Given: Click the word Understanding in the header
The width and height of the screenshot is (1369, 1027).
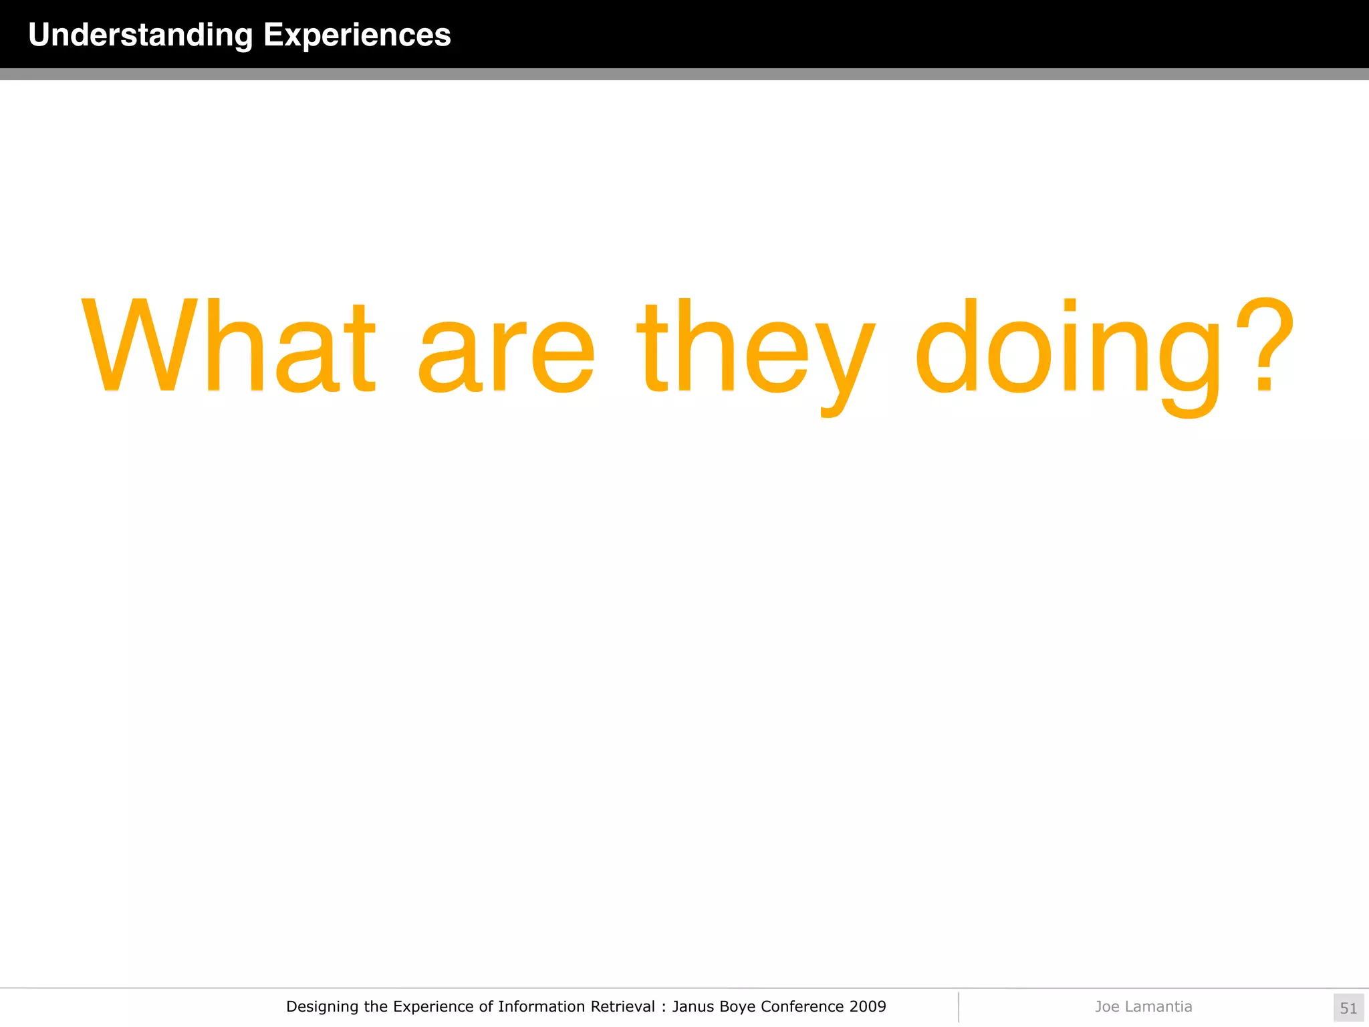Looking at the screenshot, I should coord(140,35).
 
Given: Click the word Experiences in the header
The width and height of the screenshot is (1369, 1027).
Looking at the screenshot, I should coord(357,35).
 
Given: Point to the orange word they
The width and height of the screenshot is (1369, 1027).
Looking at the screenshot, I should coord(755,351).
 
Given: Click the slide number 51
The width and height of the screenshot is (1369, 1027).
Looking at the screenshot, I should coord(1348,1008).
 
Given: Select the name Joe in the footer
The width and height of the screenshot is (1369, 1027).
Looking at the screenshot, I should coord(1107,1006).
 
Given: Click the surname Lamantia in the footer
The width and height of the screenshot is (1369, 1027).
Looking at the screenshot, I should coord(1158,1006).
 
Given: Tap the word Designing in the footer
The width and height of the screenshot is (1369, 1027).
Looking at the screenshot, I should coord(322,1007).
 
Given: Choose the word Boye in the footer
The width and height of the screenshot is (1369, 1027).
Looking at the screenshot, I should coord(737,1007).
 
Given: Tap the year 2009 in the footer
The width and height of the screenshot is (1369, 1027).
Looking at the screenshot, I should coord(868,1006).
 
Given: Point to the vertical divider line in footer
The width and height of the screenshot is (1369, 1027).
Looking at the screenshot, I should coord(959,1007).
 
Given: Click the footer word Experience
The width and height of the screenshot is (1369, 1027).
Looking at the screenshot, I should coord(434,1007).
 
